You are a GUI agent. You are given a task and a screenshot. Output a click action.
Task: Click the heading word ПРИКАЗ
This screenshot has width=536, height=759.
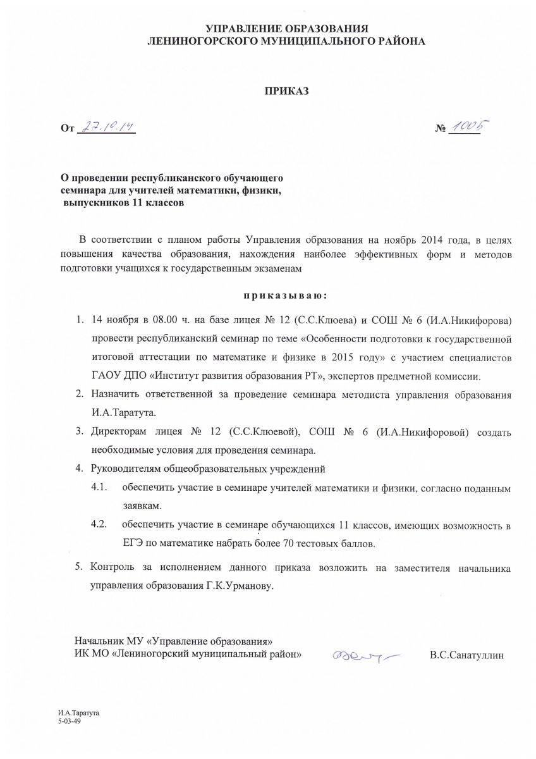286,91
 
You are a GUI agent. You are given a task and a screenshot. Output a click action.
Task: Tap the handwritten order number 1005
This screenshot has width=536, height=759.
469,127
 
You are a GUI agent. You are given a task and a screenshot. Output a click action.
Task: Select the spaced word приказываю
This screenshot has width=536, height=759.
285,295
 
